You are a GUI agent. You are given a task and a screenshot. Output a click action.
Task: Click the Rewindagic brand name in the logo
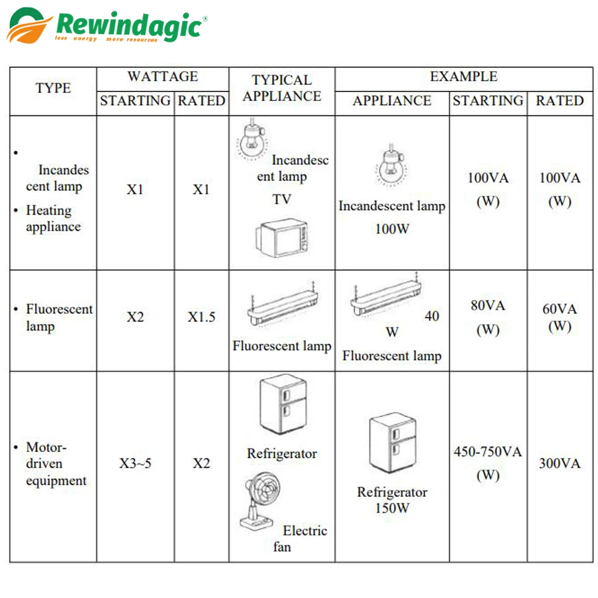(x=129, y=25)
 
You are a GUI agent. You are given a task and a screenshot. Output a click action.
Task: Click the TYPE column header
(x=53, y=88)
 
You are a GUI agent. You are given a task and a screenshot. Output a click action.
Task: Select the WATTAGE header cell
(x=163, y=77)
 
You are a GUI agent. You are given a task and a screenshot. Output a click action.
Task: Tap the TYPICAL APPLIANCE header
(x=282, y=88)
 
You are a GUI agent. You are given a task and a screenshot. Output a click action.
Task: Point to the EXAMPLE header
(x=464, y=77)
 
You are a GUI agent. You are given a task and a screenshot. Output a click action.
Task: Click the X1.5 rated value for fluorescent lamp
(x=202, y=317)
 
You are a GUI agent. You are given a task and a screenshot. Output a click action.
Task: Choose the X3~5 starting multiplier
(x=135, y=463)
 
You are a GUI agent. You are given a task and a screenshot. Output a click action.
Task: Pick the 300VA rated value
(x=560, y=463)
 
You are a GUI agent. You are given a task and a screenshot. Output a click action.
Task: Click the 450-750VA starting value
(x=488, y=452)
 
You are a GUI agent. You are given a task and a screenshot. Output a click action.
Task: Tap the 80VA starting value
(x=488, y=306)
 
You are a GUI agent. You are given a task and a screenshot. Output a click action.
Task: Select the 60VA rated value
(x=560, y=309)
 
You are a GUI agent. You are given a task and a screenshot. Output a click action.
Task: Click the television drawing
(x=282, y=238)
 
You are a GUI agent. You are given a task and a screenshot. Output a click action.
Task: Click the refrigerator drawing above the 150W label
(x=393, y=443)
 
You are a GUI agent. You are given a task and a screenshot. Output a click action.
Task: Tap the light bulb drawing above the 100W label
(x=391, y=165)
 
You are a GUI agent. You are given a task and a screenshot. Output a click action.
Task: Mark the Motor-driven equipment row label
(x=56, y=464)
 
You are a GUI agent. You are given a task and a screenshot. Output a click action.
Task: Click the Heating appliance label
(x=53, y=218)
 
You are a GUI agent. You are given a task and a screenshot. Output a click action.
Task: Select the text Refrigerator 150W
(x=392, y=500)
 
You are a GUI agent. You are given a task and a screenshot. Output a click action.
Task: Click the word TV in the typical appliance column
(x=282, y=200)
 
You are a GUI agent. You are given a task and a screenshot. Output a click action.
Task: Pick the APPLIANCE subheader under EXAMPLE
(x=392, y=100)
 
